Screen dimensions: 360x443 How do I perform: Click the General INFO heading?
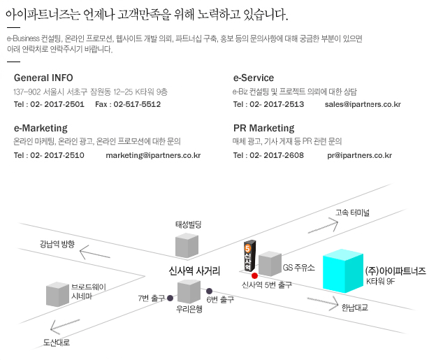pyautogui.click(x=43, y=78)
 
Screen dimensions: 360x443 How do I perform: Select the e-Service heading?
pyautogui.click(x=254, y=78)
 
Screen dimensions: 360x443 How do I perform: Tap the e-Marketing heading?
pyautogui.click(x=41, y=128)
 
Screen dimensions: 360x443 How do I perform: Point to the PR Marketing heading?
pyautogui.click(x=264, y=128)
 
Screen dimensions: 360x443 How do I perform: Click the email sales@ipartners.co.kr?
pyautogui.click(x=363, y=104)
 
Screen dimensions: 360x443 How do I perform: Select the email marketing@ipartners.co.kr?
pyautogui.click(x=153, y=154)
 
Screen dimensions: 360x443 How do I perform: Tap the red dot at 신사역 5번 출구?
pyautogui.click(x=254, y=276)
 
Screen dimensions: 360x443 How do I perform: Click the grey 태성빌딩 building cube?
pyautogui.click(x=187, y=245)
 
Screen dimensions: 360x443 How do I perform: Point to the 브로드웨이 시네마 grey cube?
pyautogui.click(x=57, y=294)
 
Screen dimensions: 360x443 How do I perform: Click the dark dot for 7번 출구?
pyautogui.click(x=170, y=298)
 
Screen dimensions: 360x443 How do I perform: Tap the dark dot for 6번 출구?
pyautogui.click(x=209, y=291)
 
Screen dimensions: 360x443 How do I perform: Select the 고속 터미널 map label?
pyautogui.click(x=352, y=213)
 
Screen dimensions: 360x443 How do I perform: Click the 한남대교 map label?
pyautogui.click(x=354, y=307)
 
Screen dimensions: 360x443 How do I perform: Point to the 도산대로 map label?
pyautogui.click(x=57, y=343)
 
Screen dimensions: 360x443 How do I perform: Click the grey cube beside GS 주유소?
pyautogui.click(x=269, y=264)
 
